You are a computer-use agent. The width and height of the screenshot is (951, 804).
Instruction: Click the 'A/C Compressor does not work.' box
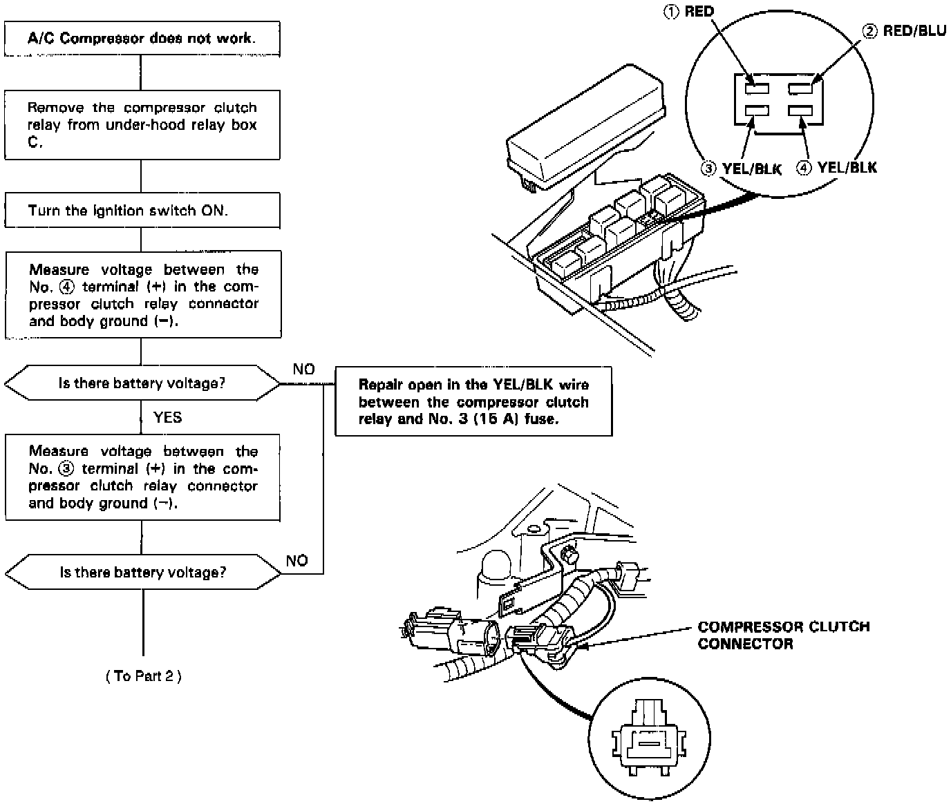click(142, 38)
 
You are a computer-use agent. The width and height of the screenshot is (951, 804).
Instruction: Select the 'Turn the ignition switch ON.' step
click(142, 211)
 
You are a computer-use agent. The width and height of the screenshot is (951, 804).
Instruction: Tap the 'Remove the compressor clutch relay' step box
click(142, 125)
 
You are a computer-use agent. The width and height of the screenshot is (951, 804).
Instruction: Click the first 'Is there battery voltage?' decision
click(142, 383)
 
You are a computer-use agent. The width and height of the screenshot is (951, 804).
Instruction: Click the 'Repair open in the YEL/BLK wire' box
click(473, 402)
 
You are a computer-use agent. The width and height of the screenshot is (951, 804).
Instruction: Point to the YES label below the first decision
click(167, 417)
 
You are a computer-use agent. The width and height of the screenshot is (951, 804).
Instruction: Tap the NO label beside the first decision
click(303, 370)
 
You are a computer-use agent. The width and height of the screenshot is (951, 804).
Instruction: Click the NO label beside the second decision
click(296, 560)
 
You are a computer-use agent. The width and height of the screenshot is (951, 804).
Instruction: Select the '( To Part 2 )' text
click(144, 676)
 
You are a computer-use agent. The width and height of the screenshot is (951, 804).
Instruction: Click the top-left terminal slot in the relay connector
click(757, 88)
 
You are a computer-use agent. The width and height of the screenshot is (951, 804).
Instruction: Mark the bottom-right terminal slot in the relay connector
click(800, 111)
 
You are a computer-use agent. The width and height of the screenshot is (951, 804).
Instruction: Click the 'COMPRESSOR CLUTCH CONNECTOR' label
click(784, 635)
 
